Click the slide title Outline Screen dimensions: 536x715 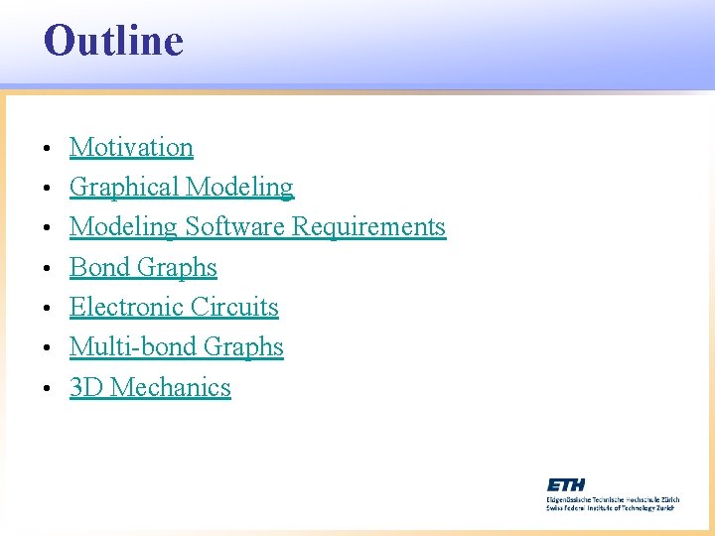click(x=113, y=42)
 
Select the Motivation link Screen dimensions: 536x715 click(x=131, y=148)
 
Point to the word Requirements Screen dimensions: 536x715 click(x=368, y=227)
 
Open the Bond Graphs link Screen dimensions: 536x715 click(x=143, y=268)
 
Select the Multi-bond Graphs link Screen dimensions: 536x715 click(x=177, y=347)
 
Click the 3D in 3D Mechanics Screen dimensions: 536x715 click(x=86, y=388)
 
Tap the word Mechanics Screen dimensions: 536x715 click(x=171, y=388)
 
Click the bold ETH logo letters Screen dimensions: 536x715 click(x=567, y=484)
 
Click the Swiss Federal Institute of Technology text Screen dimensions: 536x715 click(x=610, y=506)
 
